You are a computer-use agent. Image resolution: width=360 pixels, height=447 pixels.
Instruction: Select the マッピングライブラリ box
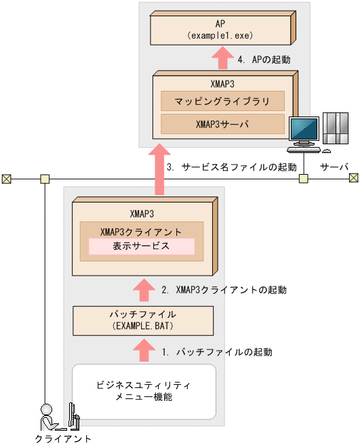coord(222,102)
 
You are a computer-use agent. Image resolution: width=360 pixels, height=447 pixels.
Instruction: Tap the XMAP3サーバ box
coord(222,124)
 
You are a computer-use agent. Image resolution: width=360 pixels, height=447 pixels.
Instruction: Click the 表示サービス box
coord(141,247)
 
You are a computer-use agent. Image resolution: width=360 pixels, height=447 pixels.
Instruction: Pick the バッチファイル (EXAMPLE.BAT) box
coord(142,320)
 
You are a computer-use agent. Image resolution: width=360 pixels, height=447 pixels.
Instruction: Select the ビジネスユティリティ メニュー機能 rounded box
coord(143,391)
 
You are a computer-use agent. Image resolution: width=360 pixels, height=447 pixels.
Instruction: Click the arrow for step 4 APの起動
coord(222,60)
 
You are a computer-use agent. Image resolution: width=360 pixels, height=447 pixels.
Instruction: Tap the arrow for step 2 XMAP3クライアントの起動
coord(142,290)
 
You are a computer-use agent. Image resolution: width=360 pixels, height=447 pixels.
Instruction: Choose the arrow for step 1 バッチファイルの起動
coord(142,351)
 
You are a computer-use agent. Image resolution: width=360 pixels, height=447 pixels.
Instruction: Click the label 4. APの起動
coord(264,60)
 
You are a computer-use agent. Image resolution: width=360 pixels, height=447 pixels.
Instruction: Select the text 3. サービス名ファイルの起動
coord(231,167)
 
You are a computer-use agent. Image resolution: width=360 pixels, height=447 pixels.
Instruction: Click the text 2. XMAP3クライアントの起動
coord(224,290)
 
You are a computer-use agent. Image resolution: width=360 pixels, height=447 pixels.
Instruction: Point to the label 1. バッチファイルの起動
coord(217,352)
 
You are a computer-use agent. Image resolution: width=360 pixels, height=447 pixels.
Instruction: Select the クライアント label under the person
coord(62,439)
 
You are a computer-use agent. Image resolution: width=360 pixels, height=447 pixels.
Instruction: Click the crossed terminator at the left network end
coord(6,179)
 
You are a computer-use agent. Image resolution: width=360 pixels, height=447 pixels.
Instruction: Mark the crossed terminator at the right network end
coord(353,178)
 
